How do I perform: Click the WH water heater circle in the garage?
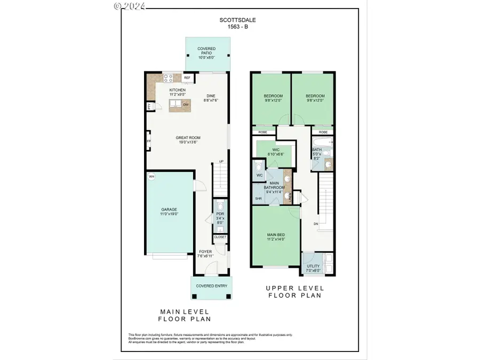point(151,177)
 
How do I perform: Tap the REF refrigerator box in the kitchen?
point(187,78)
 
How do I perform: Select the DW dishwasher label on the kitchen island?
point(186,105)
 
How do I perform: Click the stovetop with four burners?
point(169,78)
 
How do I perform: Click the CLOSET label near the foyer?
point(220,237)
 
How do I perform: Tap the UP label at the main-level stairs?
point(221,162)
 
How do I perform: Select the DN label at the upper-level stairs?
point(315,224)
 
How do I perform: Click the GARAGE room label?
point(169,210)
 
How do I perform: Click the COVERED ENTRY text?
point(212,286)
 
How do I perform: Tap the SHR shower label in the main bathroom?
point(258,198)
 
